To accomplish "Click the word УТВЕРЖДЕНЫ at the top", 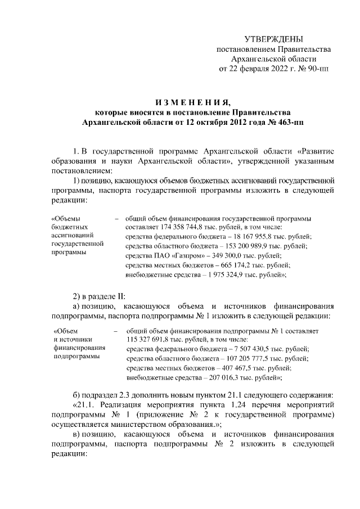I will click(x=273, y=39).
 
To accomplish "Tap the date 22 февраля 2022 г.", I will click(x=260, y=69).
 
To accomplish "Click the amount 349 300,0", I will click(x=213, y=256).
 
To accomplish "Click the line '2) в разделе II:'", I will click(x=100, y=296).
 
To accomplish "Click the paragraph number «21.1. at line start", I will click(x=86, y=404).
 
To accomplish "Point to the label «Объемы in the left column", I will click(x=65, y=218).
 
